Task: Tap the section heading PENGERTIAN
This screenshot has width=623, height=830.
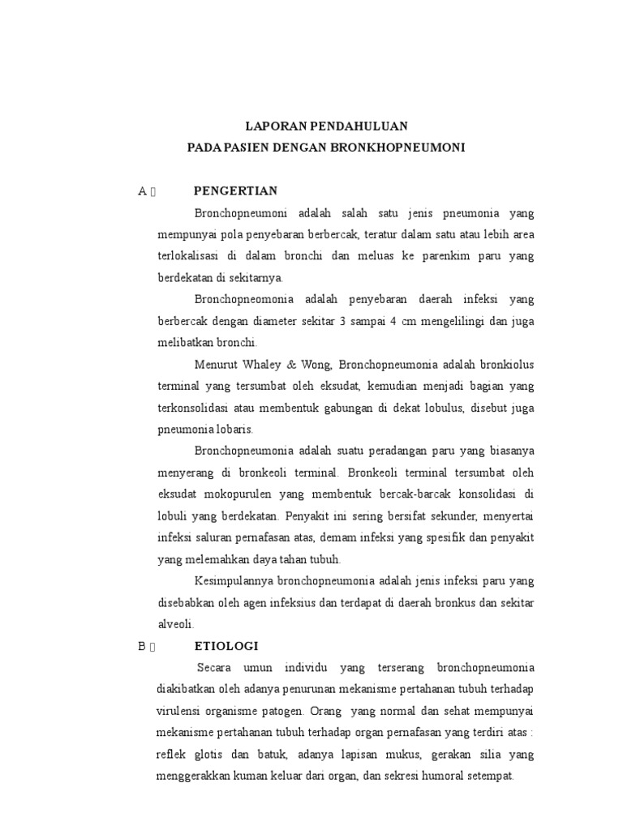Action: click(236, 191)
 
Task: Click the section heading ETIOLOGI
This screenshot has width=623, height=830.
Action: click(226, 646)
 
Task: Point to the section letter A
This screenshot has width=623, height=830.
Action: click(142, 191)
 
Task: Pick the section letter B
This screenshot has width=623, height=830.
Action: click(141, 646)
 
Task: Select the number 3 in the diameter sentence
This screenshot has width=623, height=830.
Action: click(343, 321)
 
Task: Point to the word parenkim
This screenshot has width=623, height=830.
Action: click(445, 256)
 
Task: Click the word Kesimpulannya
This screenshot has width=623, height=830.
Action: click(234, 581)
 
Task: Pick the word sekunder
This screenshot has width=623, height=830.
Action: click(451, 516)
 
